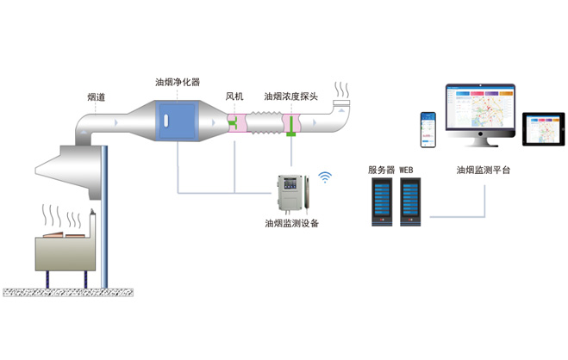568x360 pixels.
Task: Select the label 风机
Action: coord(234,97)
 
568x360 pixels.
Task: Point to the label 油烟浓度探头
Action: coord(291,97)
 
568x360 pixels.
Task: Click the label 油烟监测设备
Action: coord(291,223)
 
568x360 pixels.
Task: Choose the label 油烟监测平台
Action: coord(484,170)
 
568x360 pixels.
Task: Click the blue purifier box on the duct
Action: coord(178,122)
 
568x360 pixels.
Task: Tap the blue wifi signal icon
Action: coord(325,177)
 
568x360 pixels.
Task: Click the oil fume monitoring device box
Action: coord(290,193)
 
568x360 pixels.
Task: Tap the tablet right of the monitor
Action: coord(542,129)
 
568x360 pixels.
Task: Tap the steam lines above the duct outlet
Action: coord(343,90)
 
